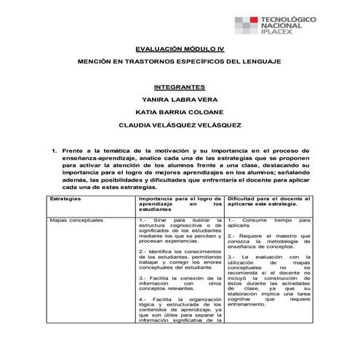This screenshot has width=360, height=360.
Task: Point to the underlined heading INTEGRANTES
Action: pos(180,86)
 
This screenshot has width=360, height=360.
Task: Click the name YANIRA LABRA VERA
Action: pos(180,99)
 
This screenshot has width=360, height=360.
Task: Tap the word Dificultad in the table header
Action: pos(243,198)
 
